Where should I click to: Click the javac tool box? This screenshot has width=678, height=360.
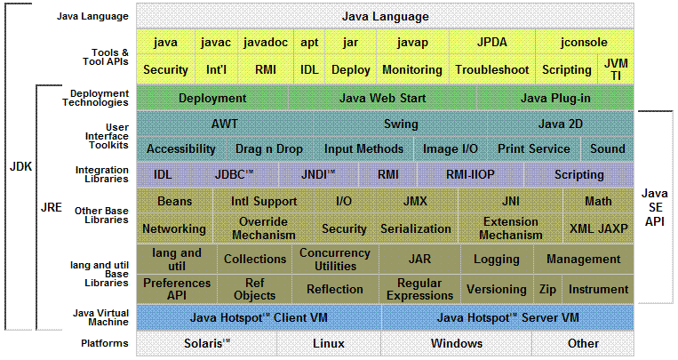point(216,42)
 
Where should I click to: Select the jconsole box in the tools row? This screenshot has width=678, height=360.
point(584,42)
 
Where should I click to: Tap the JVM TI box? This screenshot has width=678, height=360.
point(616,69)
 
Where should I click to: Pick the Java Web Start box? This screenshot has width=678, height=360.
point(382,98)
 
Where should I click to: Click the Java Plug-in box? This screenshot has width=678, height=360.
point(555,98)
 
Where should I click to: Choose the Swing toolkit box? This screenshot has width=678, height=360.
point(401,124)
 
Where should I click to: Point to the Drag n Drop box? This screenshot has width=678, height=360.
point(269,148)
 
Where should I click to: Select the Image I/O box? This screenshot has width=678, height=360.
point(451,148)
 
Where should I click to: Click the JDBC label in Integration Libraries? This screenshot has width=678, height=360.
point(234,174)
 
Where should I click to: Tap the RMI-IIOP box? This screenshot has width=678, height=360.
point(470,174)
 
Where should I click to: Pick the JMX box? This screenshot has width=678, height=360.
point(415,201)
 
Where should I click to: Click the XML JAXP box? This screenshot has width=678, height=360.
point(598,228)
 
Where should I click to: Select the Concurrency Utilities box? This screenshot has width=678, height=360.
point(335,260)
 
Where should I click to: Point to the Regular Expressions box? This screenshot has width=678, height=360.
point(419,289)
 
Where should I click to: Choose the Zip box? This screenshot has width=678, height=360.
point(547,289)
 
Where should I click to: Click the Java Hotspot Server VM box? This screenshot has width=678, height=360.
point(507,317)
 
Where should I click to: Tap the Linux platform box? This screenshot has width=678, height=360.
point(329,344)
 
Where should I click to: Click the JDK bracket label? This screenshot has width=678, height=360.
point(20,166)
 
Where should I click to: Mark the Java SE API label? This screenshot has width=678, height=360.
point(655,207)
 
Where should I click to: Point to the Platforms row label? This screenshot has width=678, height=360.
point(105,343)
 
